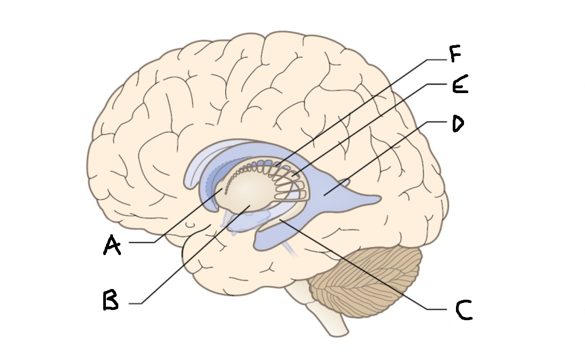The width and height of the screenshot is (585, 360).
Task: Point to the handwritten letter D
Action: point(458,124)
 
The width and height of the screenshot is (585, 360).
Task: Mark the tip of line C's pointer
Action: point(280,220)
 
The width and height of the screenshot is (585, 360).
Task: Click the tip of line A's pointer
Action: point(223,189)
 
